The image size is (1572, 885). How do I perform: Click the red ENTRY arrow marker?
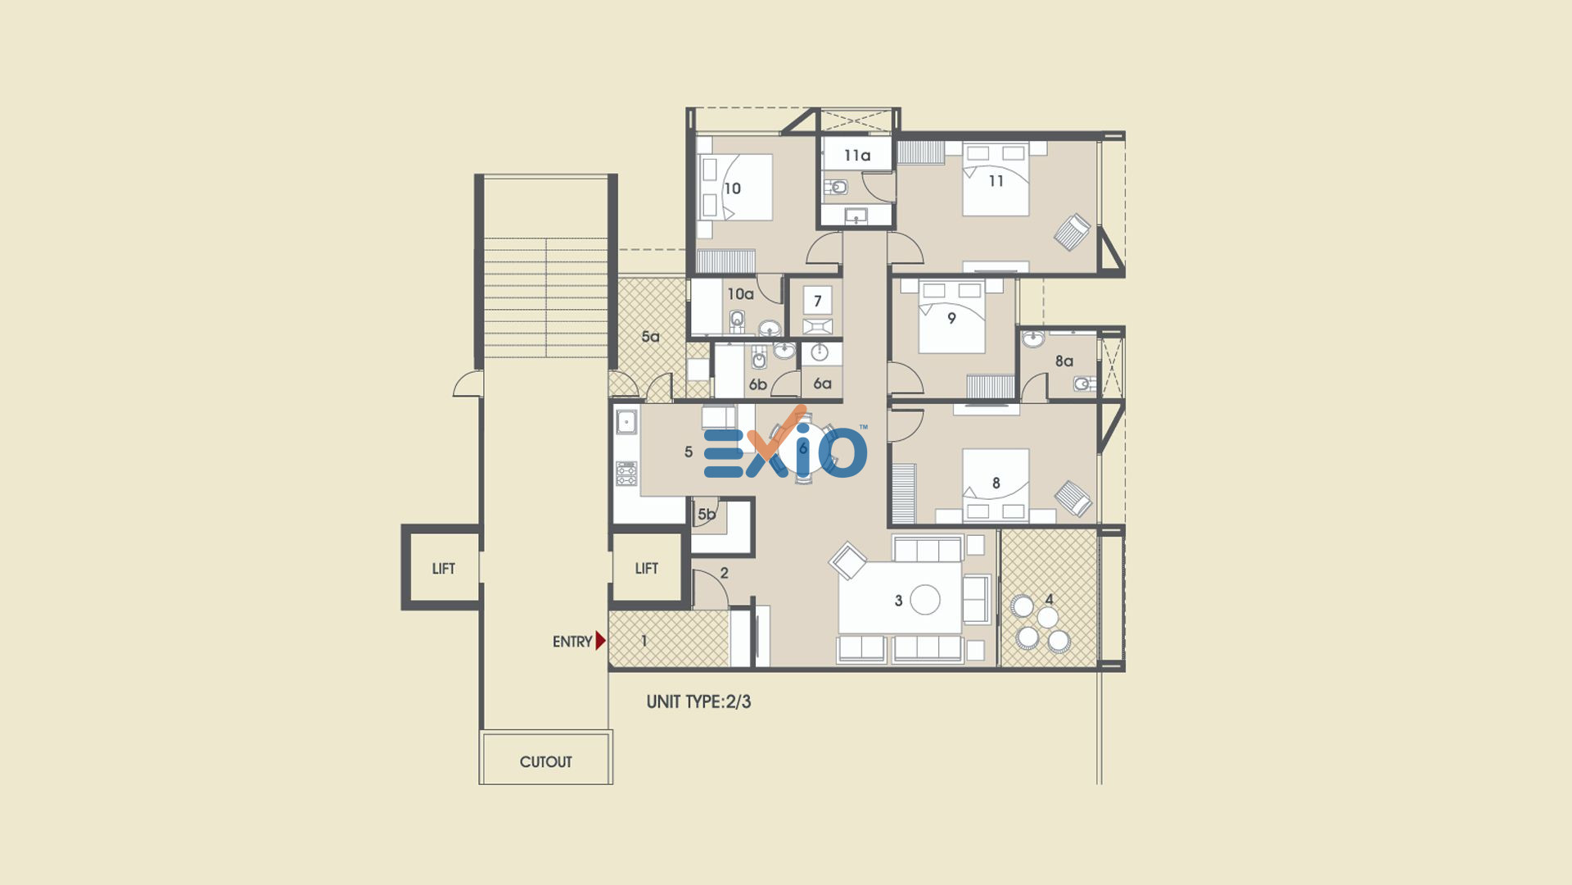point(600,641)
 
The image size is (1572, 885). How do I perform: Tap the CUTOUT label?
point(545,762)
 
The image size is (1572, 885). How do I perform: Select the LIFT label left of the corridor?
point(443,569)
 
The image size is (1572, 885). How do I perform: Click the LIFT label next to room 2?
point(646,569)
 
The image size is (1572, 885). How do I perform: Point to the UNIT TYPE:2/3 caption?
point(698,701)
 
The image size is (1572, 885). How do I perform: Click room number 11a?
point(857,155)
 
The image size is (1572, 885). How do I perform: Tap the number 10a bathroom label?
point(740,293)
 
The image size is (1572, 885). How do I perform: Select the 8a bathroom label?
point(1064,361)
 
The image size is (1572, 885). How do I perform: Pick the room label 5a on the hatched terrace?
point(650,336)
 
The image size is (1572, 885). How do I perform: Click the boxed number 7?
point(817,301)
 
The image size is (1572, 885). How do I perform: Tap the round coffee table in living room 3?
point(925,600)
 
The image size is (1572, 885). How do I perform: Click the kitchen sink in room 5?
point(626,422)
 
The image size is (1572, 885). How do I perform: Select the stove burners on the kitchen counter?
point(626,474)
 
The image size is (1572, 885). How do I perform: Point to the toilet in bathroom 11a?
point(836,188)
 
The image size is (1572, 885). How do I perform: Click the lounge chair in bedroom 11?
point(1072,232)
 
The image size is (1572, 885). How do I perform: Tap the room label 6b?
point(757,384)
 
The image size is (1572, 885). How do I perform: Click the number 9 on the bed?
point(951,318)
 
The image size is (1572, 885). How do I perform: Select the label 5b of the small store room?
point(706,515)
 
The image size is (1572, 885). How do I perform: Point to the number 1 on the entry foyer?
point(644,641)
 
